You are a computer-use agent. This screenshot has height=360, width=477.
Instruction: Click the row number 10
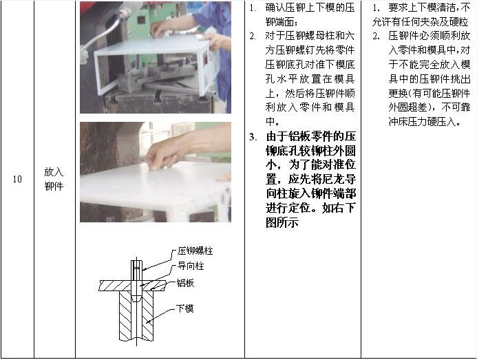(x=17, y=179)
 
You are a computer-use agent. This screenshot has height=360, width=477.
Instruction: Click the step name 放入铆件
(x=54, y=179)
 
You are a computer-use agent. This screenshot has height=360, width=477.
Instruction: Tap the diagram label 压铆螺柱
(x=195, y=251)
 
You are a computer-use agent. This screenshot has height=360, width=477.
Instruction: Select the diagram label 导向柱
(x=191, y=266)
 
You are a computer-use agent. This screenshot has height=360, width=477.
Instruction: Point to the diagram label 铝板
(x=185, y=283)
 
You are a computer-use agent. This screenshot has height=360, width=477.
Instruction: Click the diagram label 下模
(x=185, y=308)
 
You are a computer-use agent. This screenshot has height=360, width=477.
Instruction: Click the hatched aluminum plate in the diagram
(x=116, y=286)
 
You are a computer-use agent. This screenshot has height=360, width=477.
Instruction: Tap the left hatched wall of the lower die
(x=125, y=316)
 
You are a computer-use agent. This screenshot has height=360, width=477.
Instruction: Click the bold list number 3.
(x=253, y=137)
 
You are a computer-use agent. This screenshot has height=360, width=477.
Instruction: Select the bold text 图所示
(x=282, y=222)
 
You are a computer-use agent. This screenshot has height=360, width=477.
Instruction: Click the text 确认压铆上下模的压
(x=310, y=8)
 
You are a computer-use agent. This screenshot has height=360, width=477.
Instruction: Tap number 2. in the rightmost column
(x=377, y=36)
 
